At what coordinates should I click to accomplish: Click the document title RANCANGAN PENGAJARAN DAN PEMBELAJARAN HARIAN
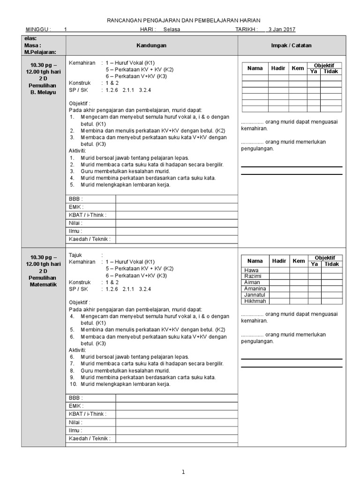(184, 20)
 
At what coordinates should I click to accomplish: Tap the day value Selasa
(172, 29)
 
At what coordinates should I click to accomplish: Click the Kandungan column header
(151, 45)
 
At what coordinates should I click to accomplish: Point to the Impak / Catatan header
(292, 45)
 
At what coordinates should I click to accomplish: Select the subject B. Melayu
(43, 93)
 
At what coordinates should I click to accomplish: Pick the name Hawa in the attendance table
(251, 270)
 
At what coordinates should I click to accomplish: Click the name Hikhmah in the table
(255, 301)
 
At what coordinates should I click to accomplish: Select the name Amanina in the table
(255, 289)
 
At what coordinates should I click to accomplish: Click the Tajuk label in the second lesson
(75, 255)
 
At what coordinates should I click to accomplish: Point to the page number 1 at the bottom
(183, 472)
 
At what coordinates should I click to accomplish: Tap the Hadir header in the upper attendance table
(278, 68)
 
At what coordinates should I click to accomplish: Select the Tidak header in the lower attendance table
(331, 264)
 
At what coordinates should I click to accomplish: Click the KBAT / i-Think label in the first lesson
(88, 215)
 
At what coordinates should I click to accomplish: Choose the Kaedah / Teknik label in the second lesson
(90, 439)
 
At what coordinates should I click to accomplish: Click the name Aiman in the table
(252, 283)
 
